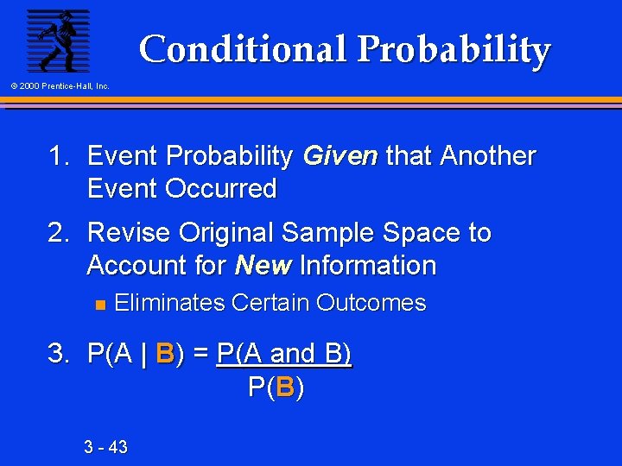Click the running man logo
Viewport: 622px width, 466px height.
coord(58,41)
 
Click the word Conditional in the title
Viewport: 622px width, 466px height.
coord(243,49)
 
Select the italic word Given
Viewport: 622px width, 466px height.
coord(340,156)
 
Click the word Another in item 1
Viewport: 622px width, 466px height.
coord(487,156)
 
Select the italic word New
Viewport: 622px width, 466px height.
coord(263,266)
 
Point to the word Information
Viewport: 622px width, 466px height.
coord(367,266)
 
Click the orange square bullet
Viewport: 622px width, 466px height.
coord(98,304)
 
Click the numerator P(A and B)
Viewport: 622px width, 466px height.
coord(284,354)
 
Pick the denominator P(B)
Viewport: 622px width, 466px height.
coord(276,387)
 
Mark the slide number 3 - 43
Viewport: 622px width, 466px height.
coord(105,447)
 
